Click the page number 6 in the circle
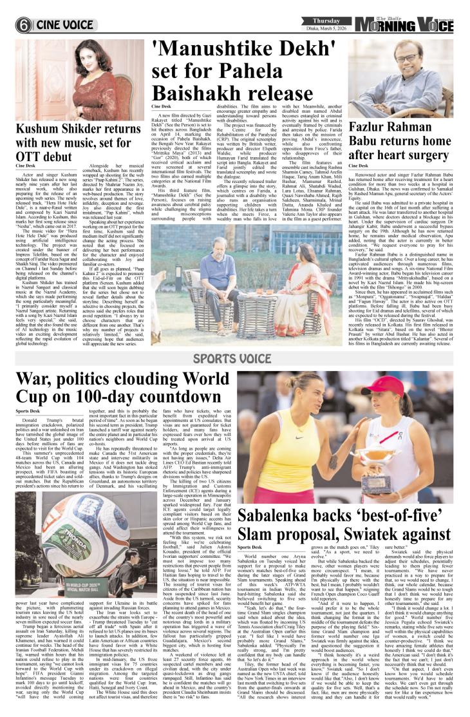coord(24,25)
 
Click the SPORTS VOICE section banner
coord(234,358)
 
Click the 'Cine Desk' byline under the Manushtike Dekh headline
coord(161,106)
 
